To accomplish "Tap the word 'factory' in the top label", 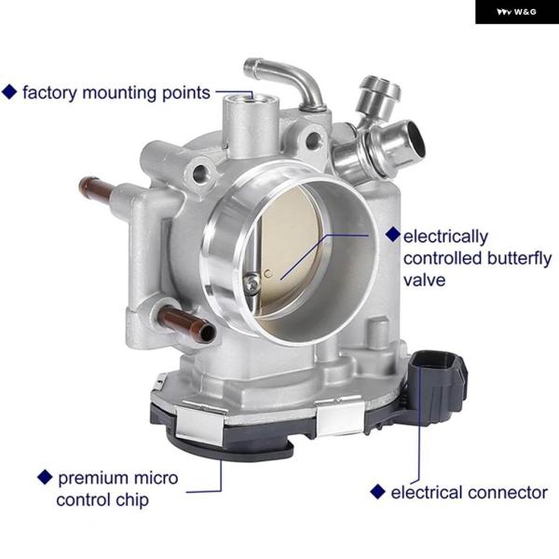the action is click(x=49, y=93).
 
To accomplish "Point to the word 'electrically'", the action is click(x=445, y=237).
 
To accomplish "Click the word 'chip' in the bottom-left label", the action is click(x=132, y=500).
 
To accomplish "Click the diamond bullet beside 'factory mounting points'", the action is click(x=9, y=91).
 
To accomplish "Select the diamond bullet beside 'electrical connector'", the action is click(x=377, y=492).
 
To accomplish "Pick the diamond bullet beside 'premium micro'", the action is click(x=45, y=477).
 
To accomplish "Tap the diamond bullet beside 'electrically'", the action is click(x=393, y=235).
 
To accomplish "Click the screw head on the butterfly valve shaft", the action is click(x=252, y=284).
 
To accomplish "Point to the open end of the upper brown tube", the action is click(x=84, y=184).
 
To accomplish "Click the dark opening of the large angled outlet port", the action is click(x=416, y=139).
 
